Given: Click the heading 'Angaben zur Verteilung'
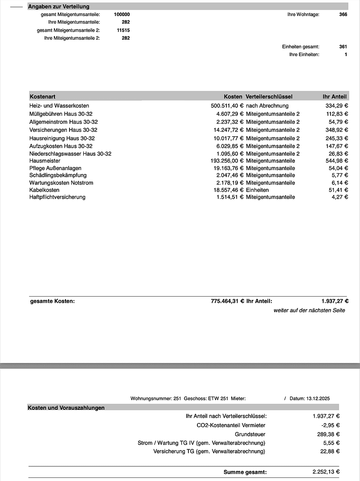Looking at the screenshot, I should point(58,7).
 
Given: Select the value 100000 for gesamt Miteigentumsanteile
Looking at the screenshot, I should point(122,14).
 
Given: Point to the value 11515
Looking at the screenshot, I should point(123,30).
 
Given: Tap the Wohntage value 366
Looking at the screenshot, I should point(343,14).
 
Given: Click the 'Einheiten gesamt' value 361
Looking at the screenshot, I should point(343,47).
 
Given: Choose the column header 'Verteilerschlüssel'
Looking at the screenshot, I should point(269,96).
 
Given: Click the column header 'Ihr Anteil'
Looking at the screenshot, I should point(335,96).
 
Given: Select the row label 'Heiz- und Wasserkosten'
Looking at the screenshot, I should point(59,106).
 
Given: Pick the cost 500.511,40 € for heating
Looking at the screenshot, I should point(227,106).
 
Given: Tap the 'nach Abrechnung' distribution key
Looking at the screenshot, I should point(267,106).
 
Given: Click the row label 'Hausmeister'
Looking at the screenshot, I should point(45,161).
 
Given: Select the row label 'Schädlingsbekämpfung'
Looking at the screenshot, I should point(58,175).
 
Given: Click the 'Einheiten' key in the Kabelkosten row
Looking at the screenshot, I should point(257,190).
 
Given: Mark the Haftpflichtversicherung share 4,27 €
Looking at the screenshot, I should point(340,197).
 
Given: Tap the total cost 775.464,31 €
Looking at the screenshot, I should point(227,301).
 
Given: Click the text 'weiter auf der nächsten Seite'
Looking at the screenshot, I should point(309,310).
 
